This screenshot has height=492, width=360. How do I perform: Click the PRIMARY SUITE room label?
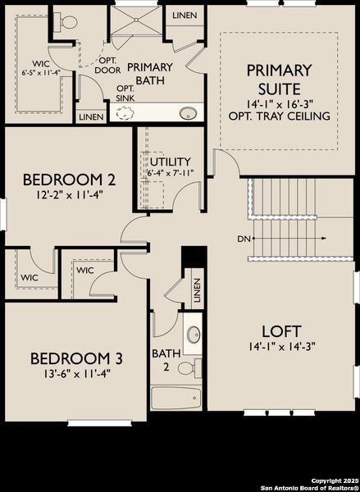[x=279, y=79]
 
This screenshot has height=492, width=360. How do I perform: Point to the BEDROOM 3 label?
[x=77, y=358]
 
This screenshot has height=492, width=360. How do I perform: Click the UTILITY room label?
[x=171, y=162]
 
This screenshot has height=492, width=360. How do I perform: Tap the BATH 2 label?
[x=162, y=360]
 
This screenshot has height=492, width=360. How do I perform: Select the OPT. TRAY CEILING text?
[x=280, y=116]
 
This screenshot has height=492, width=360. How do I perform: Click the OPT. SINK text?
[x=125, y=93]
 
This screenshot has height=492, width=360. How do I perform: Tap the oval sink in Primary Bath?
[x=189, y=113]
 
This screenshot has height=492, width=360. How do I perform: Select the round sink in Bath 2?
[x=193, y=335]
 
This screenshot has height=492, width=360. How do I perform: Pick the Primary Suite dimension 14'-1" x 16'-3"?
[x=280, y=104]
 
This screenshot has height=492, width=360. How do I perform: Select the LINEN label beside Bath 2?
[x=197, y=290]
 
